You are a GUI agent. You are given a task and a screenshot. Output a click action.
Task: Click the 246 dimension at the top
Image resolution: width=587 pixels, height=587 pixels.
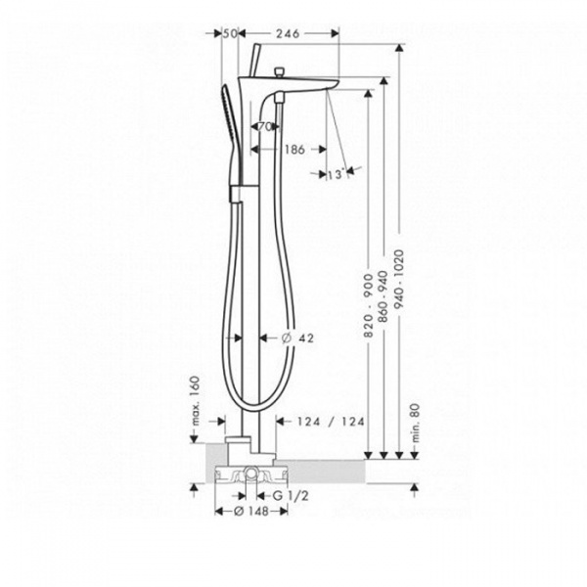(287, 32)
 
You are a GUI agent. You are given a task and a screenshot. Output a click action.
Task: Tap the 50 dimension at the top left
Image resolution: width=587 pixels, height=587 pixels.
(231, 32)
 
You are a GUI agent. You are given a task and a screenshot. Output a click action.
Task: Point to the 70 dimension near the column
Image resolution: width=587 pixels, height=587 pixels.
(263, 127)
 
